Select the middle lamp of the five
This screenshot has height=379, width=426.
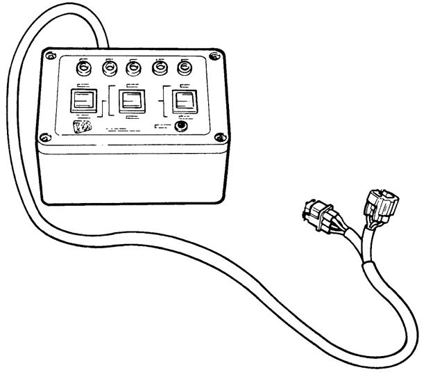tap(133, 70)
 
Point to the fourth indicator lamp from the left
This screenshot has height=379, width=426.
tap(159, 70)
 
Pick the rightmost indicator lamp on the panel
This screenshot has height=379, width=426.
tap(184, 70)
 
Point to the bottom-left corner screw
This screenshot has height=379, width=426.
tap(46, 137)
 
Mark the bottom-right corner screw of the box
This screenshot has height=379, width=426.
tap(221, 136)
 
